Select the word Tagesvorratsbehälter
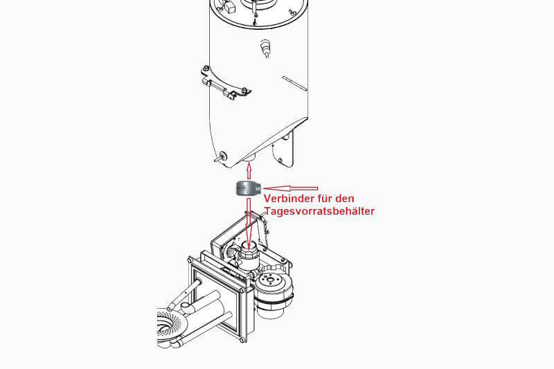click(x=319, y=211)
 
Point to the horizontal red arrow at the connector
click(x=291, y=188)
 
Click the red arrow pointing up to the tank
click(x=249, y=171)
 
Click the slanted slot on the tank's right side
click(x=295, y=83)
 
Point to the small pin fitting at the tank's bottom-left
click(x=221, y=156)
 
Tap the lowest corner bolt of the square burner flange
click(x=242, y=341)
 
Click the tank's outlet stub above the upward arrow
click(x=249, y=158)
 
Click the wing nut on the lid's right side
click(x=292, y=12)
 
